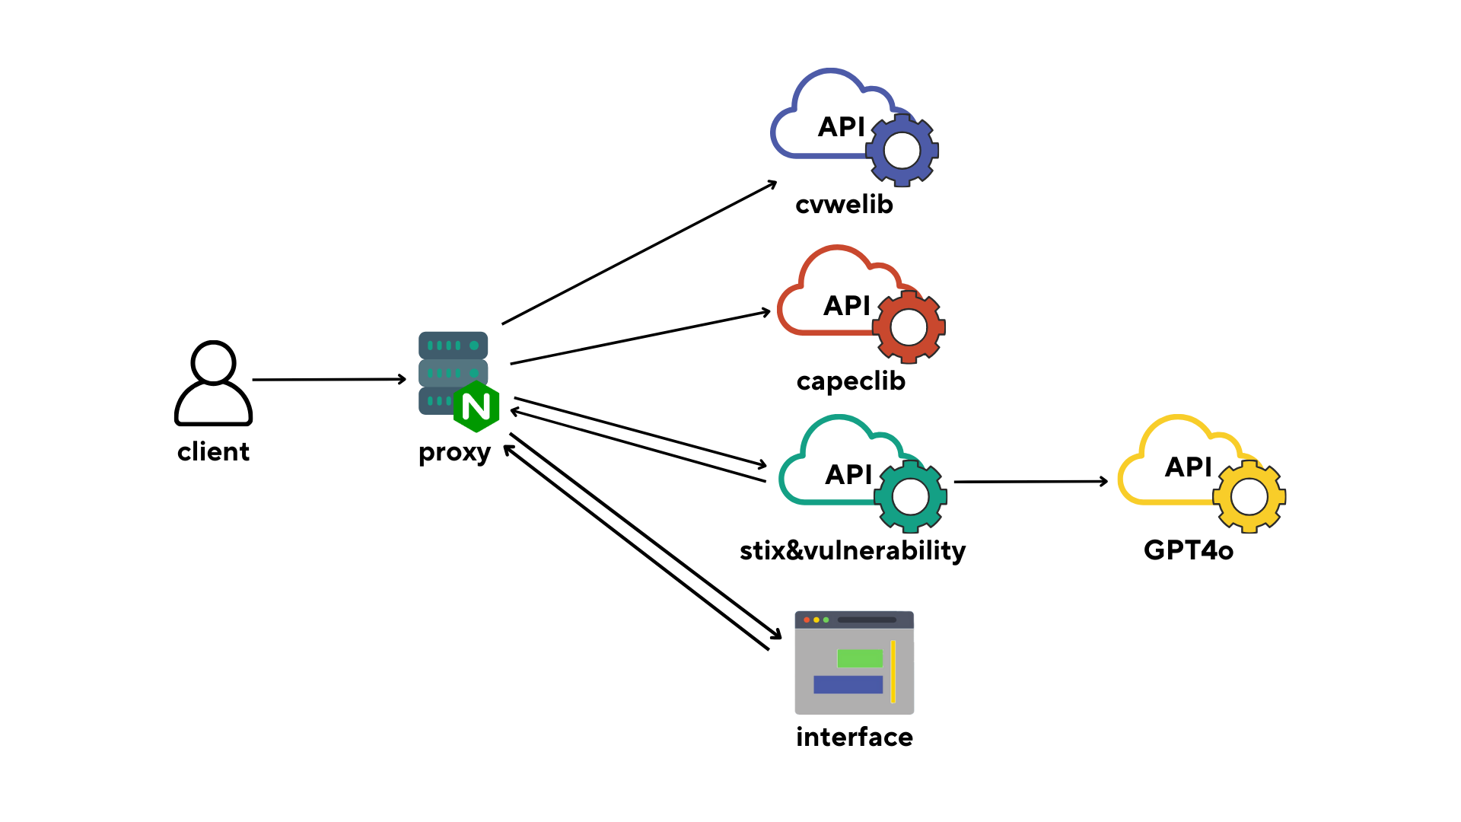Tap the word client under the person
(213, 452)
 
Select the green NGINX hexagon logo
(476, 406)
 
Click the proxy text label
(454, 453)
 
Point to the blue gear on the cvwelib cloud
(902, 150)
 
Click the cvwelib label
(844, 204)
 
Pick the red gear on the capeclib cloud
(909, 327)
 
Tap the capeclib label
(851, 381)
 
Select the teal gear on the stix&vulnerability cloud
(910, 497)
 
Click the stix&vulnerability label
(852, 550)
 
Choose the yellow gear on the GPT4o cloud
(1249, 497)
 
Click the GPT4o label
(1189, 550)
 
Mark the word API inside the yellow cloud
(1188, 467)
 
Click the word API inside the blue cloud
(842, 126)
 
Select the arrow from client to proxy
(329, 379)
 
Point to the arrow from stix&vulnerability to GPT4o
(1031, 482)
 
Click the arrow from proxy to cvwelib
(639, 253)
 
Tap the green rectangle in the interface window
(860, 658)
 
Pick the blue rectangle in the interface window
(848, 685)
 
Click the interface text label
(855, 737)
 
